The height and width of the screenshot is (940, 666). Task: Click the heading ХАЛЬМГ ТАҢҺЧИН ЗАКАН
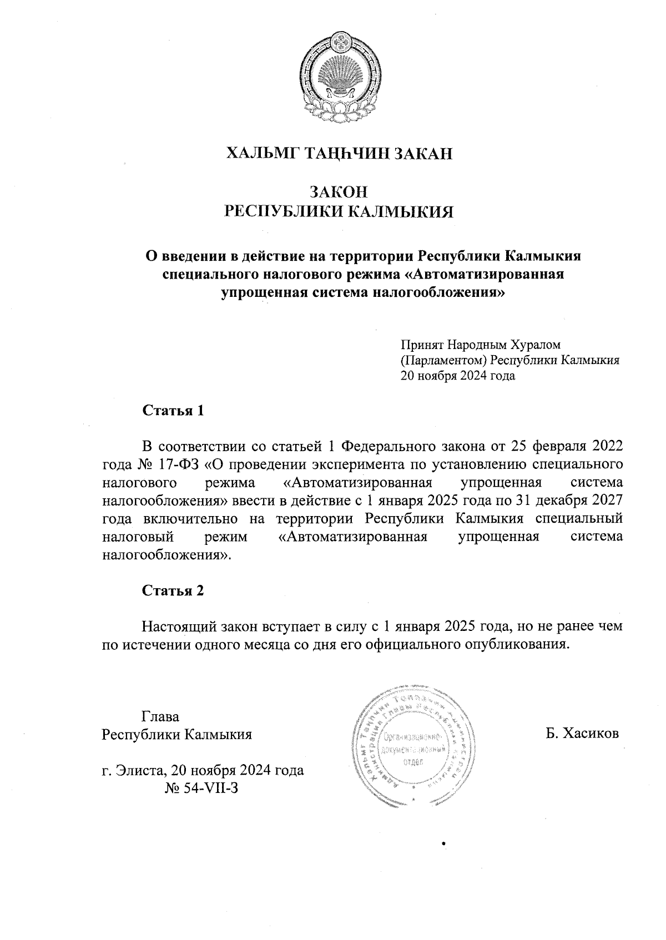(x=339, y=154)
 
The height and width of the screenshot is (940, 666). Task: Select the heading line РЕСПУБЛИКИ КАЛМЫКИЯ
(x=339, y=212)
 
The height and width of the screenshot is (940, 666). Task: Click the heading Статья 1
(x=174, y=411)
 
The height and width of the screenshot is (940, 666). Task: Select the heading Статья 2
(x=174, y=590)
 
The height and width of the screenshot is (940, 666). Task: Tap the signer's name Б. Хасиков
(x=582, y=734)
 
